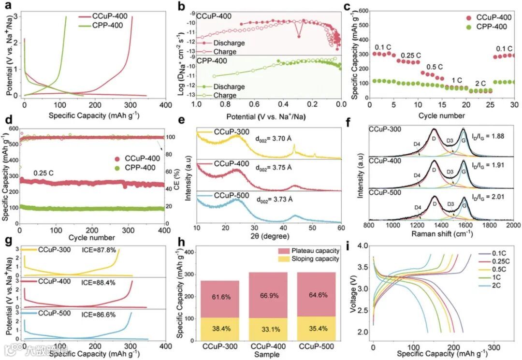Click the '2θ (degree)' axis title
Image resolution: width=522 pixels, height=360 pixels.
point(259,237)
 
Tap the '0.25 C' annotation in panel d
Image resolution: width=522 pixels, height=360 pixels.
point(44,173)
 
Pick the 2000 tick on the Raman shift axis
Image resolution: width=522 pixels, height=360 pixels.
point(513,226)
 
